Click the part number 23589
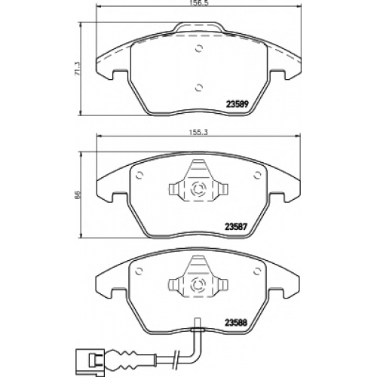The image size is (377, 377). coord(238,104)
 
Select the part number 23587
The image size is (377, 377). coord(236,227)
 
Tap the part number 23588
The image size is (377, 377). coord(236,323)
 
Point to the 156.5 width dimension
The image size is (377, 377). coord(198,4)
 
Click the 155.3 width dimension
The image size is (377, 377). coord(198,133)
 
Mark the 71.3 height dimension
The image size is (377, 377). coord(78,69)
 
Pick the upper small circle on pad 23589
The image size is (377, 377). coord(199,48)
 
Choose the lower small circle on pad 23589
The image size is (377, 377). coord(199,87)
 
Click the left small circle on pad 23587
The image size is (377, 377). coord(139,175)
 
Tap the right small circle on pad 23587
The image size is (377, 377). coord(257,175)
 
